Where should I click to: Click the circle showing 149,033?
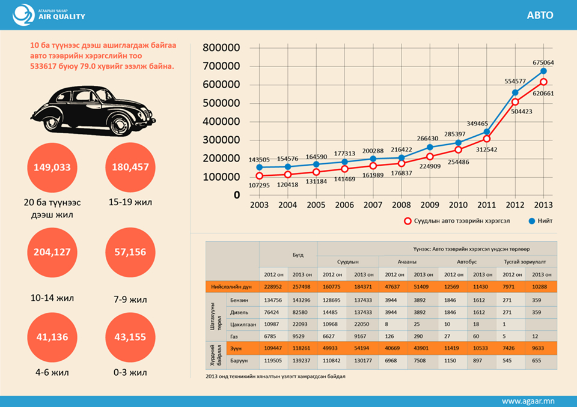tap(53, 167)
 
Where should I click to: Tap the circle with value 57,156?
tap(130, 252)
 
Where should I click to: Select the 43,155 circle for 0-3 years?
tap(130, 337)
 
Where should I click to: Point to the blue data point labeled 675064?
tap(543, 71)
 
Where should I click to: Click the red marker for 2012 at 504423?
tap(515, 102)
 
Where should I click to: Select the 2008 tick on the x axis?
tap(401, 205)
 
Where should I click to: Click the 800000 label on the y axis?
tap(221, 48)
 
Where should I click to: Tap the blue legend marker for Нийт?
tap(531, 221)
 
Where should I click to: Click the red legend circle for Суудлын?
tap(408, 221)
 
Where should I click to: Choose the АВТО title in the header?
tap(540, 16)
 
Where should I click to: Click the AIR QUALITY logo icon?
tap(24, 15)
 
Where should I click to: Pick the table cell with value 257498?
tap(302, 287)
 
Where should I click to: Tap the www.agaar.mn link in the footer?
tap(528, 400)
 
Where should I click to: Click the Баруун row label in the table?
tap(240, 361)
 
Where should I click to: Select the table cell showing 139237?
tap(302, 361)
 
